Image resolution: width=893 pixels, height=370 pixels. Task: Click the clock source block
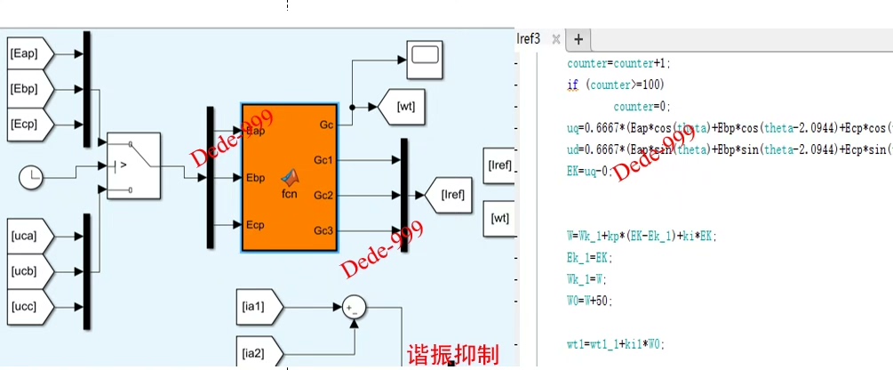pos(31,178)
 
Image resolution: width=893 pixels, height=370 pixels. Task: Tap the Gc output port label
pos(325,125)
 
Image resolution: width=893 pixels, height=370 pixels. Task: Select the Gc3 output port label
pos(323,230)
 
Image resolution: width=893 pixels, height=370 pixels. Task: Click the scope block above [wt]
pos(424,55)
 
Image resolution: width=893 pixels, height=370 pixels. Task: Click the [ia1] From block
pos(259,307)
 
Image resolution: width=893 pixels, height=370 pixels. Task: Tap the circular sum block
pos(355,308)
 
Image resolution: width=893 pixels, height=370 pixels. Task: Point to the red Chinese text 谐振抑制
pos(452,354)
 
